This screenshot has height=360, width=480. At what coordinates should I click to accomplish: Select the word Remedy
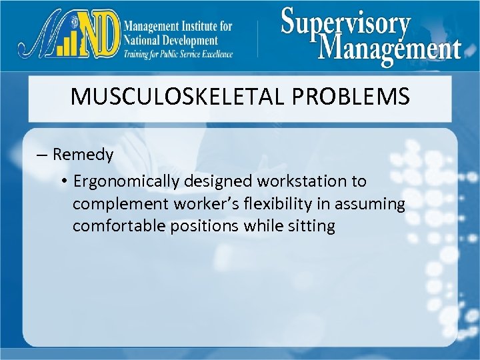coord(83,155)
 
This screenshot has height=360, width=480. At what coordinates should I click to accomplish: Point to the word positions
coord(202,226)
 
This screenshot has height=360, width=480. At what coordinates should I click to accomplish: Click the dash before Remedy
coord(42,155)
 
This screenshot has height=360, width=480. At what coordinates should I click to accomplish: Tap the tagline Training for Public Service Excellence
coord(178,54)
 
